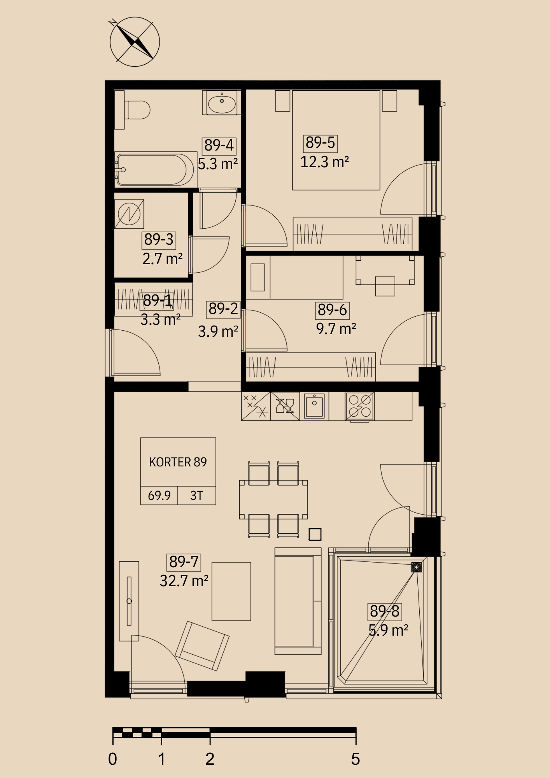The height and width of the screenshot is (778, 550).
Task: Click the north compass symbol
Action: point(135,42)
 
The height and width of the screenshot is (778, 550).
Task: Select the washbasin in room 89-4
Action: point(222,103)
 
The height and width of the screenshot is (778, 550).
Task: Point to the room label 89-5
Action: point(320,143)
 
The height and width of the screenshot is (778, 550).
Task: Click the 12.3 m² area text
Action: point(324,162)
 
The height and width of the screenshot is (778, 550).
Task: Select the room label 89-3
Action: point(159,240)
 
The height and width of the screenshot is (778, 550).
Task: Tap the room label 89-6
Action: point(332,310)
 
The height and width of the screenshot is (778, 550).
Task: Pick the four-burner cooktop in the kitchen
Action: point(360,406)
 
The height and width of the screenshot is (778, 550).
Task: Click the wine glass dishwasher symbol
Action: point(285,406)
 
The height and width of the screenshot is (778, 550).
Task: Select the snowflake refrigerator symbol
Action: point(256,406)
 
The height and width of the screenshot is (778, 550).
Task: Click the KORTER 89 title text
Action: point(178,462)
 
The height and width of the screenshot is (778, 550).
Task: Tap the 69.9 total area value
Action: point(159,496)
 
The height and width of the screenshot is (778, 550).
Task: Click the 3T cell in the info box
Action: point(196,496)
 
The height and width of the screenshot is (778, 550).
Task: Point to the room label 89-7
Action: point(184,562)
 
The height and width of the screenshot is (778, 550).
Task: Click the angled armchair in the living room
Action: point(202,646)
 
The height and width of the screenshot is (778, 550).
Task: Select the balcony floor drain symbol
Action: point(416,567)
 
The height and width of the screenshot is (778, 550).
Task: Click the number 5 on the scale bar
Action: point(356,759)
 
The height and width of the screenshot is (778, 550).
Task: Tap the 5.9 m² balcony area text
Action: point(388,630)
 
